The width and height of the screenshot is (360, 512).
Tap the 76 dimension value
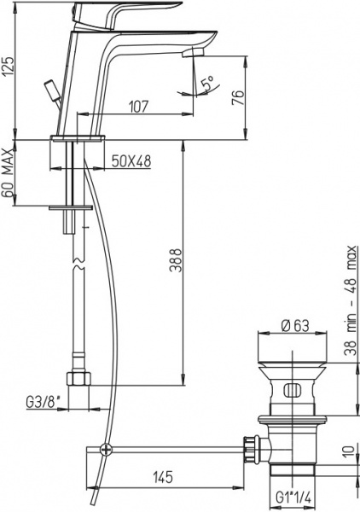pos(240,97)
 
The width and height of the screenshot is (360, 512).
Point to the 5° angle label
pos(206,84)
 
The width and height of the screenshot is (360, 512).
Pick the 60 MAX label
pos(9,174)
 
